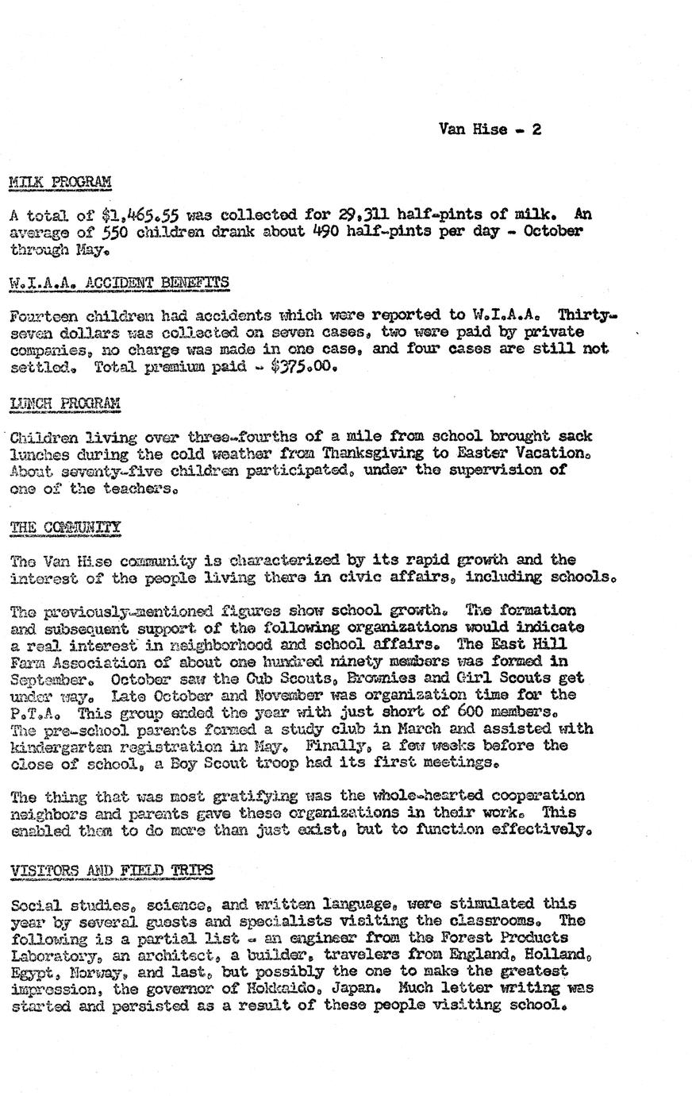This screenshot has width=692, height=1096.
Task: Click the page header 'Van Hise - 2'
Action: (x=490, y=129)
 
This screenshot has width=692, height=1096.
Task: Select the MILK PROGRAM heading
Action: (x=60, y=182)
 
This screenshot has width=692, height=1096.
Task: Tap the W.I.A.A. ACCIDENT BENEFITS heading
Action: (x=119, y=282)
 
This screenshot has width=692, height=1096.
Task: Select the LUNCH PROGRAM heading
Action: (x=64, y=403)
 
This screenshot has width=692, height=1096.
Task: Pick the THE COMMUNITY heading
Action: (x=65, y=527)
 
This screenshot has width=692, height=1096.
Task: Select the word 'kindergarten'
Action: (x=62, y=747)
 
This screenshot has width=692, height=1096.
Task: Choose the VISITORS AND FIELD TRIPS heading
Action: (x=112, y=870)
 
